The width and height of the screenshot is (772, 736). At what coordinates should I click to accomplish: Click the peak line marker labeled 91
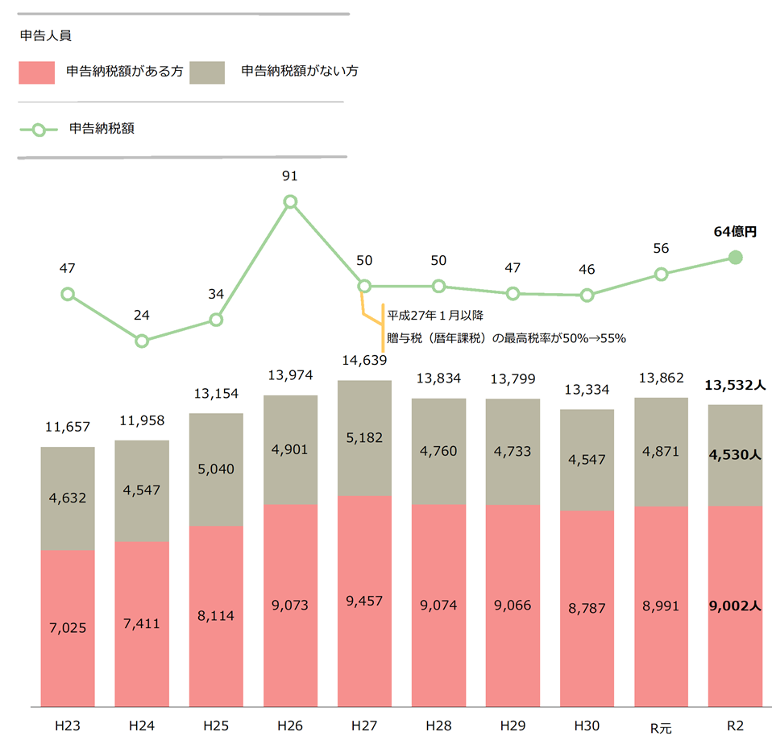tap(290, 201)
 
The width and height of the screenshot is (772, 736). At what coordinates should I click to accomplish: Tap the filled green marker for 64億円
tap(735, 258)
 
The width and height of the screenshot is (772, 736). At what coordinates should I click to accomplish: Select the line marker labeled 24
tap(142, 341)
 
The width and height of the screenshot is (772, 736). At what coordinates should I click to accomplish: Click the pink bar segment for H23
tap(68, 628)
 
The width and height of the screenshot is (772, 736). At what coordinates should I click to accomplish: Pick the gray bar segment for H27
tap(364, 438)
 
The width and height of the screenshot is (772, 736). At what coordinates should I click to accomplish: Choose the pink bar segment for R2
tap(735, 606)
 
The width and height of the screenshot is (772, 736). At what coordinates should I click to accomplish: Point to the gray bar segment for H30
tap(587, 460)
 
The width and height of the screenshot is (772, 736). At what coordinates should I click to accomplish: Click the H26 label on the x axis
tap(290, 726)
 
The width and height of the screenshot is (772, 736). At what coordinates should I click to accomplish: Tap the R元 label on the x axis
tap(661, 726)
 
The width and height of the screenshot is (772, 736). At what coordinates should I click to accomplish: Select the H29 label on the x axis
tap(513, 726)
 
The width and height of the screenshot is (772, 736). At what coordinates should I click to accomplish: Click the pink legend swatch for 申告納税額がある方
tap(36, 72)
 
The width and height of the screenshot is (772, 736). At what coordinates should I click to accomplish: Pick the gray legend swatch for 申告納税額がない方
tap(208, 72)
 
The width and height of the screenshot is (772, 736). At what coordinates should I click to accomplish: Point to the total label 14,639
tap(364, 361)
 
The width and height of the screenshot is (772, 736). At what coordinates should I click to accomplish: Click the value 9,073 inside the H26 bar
tap(290, 605)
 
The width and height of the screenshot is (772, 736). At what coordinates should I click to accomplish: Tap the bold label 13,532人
tap(735, 385)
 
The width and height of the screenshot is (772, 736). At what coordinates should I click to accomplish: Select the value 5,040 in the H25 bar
tap(216, 469)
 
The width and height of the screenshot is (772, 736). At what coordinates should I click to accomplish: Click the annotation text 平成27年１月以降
tap(434, 315)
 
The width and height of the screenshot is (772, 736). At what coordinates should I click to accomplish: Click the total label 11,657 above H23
tap(68, 428)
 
